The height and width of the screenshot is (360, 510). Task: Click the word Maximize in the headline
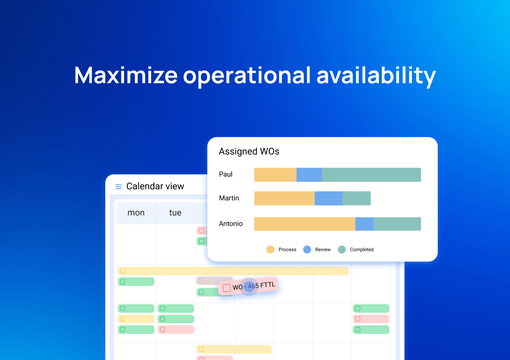point(126,76)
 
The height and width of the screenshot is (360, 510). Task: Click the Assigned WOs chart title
point(249,152)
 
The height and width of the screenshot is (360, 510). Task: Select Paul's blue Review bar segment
point(309,175)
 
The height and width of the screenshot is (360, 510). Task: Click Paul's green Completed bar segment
point(371,175)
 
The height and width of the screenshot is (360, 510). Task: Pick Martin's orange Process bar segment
point(284,198)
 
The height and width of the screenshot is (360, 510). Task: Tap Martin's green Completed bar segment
point(356,198)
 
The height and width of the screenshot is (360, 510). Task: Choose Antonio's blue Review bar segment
point(364,224)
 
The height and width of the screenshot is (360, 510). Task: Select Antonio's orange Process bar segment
point(305,224)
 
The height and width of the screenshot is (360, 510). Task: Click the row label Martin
point(229,198)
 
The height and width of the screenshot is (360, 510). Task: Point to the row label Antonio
point(231,224)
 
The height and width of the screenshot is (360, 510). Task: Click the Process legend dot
point(270,250)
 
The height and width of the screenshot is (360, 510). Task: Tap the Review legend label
point(322,250)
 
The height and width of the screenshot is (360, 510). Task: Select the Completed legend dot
point(342,250)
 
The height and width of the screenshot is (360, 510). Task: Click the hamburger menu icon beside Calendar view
point(118,186)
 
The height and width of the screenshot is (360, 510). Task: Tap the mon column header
point(136,213)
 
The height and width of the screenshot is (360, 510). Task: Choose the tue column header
point(175,213)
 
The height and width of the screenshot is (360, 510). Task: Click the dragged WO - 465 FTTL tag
point(248,286)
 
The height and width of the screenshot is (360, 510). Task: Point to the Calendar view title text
point(155,186)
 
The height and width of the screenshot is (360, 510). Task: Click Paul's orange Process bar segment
point(275,175)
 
